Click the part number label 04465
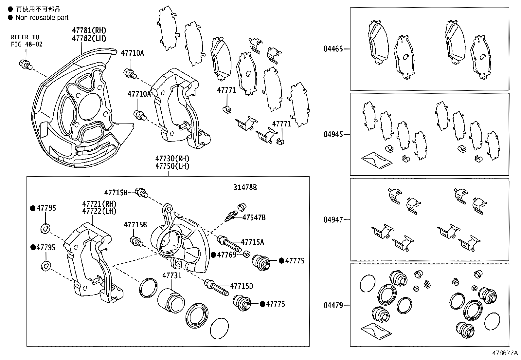coord(333,49)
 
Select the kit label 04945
coord(333,134)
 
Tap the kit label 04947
coord(333,220)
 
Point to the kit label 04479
coord(333,305)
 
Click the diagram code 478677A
coord(505,353)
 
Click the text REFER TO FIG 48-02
coord(26,40)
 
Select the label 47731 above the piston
coord(172,275)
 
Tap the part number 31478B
coord(245,187)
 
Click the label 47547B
coord(254,217)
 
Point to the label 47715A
coord(252,242)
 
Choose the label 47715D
coord(241,286)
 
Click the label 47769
coord(226,255)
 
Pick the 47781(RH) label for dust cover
coord(89,30)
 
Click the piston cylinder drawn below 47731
coord(171,300)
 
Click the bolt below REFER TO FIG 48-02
coord(25,64)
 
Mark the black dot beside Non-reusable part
coord(10,18)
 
